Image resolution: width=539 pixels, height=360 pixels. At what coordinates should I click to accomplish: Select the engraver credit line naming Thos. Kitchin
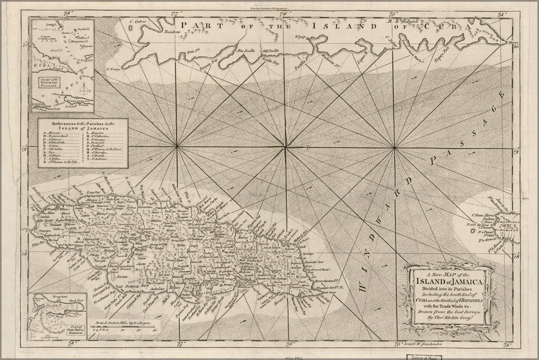point(449,317)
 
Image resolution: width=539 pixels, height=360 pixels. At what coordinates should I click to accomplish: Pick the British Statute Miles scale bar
point(124,328)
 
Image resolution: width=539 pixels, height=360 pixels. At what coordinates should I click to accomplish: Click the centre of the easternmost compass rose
point(395,149)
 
